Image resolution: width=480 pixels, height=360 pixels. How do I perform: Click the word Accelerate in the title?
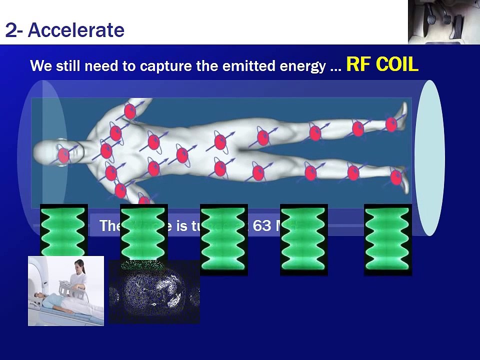pyautogui.click(x=76, y=30)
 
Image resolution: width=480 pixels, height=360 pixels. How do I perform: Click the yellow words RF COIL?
pyautogui.click(x=382, y=64)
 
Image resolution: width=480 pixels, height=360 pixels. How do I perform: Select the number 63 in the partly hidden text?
pyautogui.click(x=262, y=226)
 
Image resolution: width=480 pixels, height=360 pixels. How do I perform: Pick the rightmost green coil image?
pyautogui.click(x=387, y=239)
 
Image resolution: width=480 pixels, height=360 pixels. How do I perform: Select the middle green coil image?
pyautogui.click(x=223, y=239)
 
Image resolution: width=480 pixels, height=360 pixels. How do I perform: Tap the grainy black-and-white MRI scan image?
pyautogui.click(x=154, y=292)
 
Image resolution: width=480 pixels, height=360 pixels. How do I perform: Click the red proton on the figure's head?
pyautogui.click(x=63, y=155)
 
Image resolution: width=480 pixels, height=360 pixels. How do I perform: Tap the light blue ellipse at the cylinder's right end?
pyautogui.click(x=429, y=157)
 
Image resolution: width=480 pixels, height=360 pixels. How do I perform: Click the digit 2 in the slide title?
pyautogui.click(x=10, y=30)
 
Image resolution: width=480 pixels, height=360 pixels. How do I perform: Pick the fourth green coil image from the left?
pyautogui.click(x=303, y=239)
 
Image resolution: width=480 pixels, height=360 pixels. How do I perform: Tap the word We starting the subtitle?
pyautogui.click(x=39, y=66)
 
